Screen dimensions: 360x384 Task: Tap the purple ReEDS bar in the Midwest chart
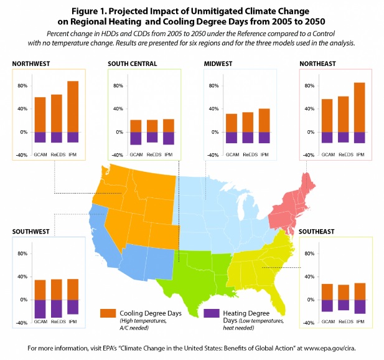coord(247,138)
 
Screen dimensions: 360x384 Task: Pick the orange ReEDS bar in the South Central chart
coord(151,126)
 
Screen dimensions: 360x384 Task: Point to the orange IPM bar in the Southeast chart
coord(359,291)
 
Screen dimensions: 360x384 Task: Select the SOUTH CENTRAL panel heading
coord(132,64)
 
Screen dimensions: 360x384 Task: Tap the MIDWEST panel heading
coord(221,64)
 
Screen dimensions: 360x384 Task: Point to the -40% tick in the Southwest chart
coord(21,323)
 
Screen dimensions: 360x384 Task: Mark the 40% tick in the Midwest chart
coord(213,108)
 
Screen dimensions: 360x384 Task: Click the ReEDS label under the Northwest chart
coord(56,154)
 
